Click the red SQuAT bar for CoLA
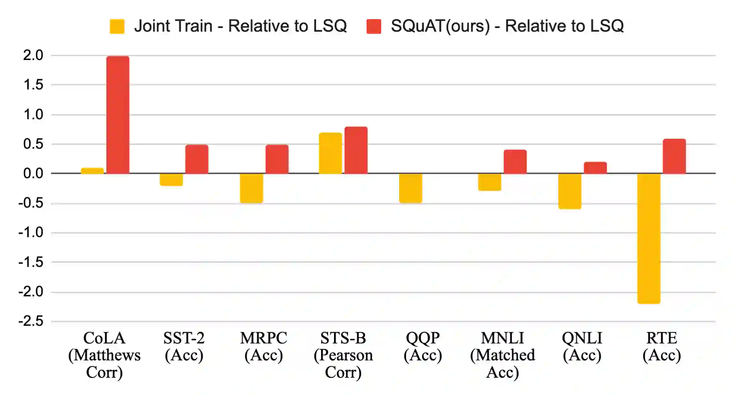click(118, 115)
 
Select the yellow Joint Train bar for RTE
click(649, 238)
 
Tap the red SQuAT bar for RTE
click(674, 156)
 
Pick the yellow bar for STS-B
click(330, 153)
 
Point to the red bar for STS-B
click(356, 150)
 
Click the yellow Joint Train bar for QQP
click(411, 188)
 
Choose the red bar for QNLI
click(595, 168)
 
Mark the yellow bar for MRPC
click(251, 188)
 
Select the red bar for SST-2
click(196, 159)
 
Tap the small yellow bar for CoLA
click(92, 171)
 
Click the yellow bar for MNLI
click(489, 182)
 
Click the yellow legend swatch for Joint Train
click(117, 26)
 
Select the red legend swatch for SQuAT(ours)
click(373, 26)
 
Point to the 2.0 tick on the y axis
click(33, 56)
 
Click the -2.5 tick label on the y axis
click(31, 321)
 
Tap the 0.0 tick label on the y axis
click(33, 174)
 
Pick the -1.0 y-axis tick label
click(31, 233)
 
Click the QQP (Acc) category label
click(423, 346)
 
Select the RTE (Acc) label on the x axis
click(661, 346)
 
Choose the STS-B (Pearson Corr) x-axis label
click(343, 355)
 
